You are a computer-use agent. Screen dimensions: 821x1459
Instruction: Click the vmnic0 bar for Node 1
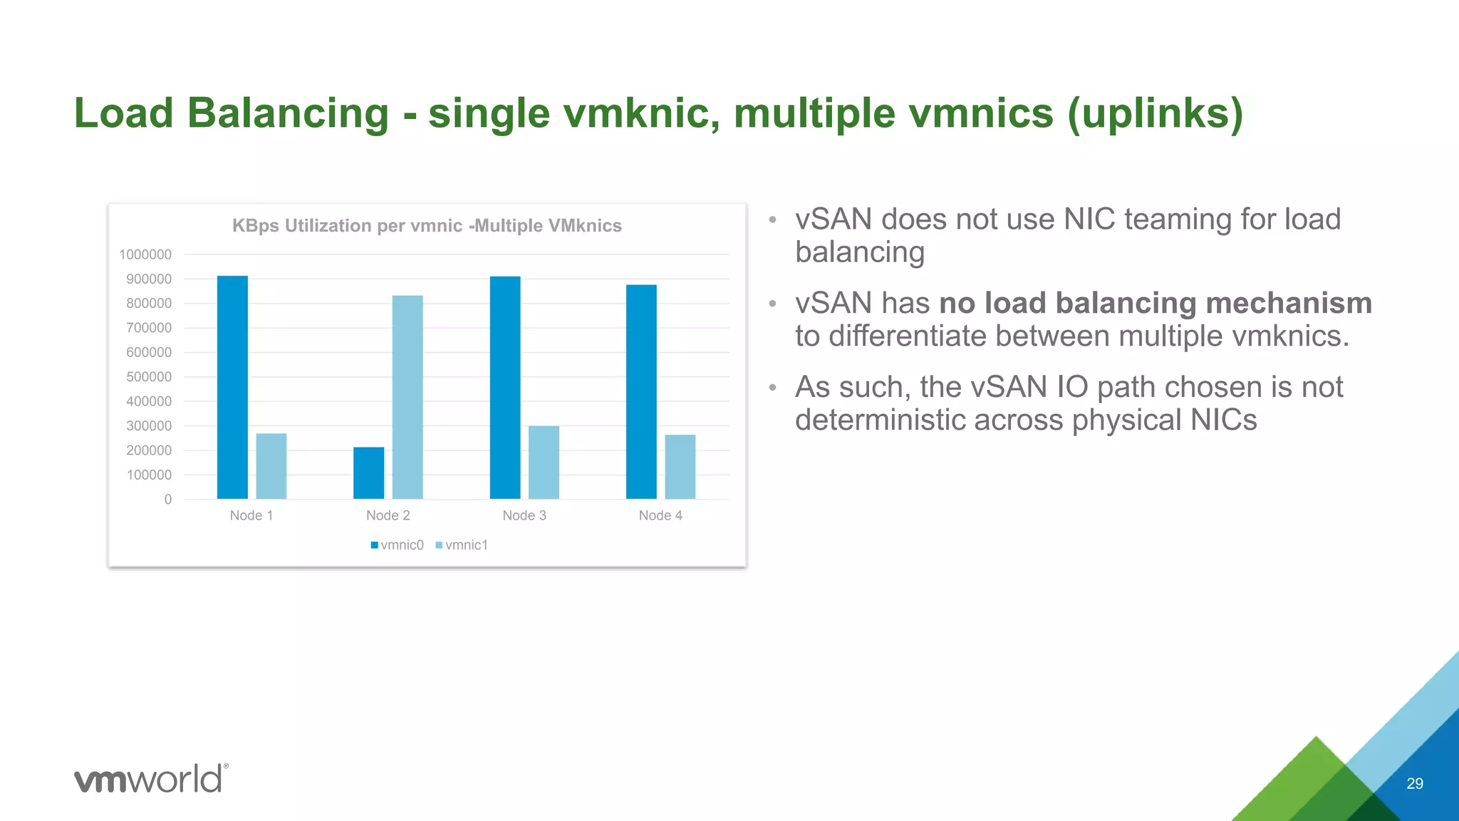[232, 387]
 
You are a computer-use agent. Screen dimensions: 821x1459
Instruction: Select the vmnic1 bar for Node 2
[407, 397]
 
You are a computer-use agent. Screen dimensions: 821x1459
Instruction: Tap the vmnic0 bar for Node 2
[368, 473]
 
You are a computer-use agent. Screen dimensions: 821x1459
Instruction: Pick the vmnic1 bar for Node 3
[544, 462]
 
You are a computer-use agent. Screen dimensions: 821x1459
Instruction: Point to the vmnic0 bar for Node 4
[641, 391]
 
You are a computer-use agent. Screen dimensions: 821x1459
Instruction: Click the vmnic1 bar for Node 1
[271, 466]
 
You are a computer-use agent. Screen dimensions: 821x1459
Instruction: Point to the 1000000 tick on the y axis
[145, 254]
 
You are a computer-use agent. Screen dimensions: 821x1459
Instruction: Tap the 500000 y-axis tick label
[149, 377]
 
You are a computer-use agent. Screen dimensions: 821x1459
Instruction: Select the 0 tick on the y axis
[168, 500]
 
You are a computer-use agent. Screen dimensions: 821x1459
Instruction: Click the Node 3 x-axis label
[524, 515]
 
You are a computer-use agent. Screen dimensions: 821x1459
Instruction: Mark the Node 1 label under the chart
[251, 515]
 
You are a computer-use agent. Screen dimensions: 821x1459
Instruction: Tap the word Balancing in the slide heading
[288, 113]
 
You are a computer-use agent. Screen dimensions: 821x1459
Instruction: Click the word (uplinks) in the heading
[1155, 113]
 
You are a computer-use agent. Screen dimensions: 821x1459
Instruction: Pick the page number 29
[1415, 784]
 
